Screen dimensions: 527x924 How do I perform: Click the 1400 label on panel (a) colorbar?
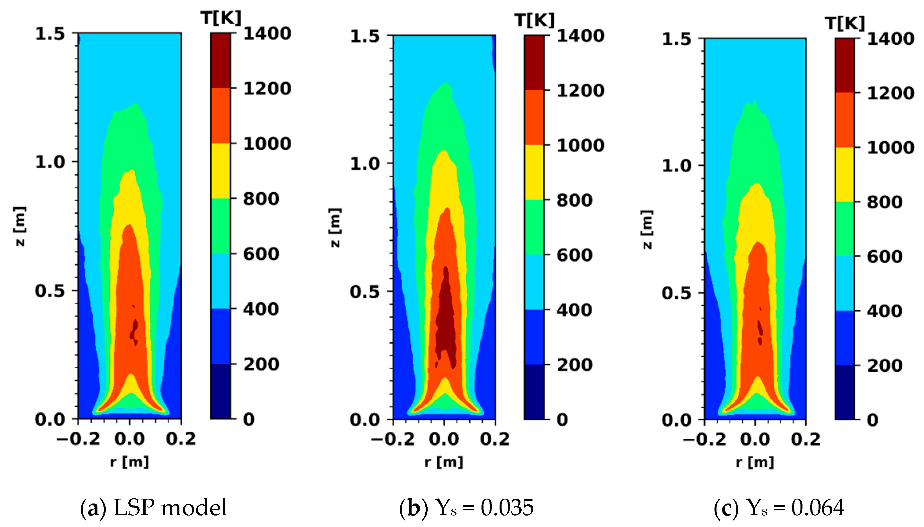coord(267,34)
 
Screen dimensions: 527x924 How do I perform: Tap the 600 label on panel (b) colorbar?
coord(574,255)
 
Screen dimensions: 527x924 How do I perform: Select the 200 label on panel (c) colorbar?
coord(884,366)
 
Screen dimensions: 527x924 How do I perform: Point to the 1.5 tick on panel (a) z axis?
coord(50,34)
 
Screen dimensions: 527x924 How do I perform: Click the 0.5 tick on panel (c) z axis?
coord(676,293)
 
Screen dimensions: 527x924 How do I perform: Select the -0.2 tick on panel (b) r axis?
coord(393,439)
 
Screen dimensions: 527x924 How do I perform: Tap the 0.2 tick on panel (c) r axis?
coord(806,439)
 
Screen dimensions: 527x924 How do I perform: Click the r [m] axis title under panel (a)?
coord(130,462)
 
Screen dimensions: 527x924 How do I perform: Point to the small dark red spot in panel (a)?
coord(134,329)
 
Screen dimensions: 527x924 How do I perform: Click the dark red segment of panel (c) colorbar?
coord(845,65)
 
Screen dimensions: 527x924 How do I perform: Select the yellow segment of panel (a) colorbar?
coord(220,171)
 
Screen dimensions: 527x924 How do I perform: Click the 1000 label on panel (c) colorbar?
coord(890,148)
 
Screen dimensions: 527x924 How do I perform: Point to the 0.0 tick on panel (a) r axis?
coord(130,439)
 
